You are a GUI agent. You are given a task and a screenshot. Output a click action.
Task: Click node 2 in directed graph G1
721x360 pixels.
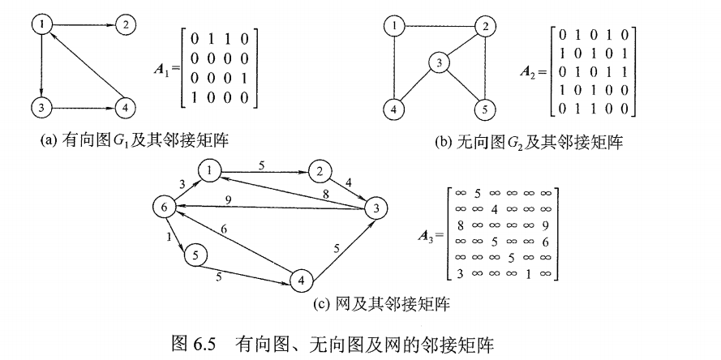(x=125, y=24)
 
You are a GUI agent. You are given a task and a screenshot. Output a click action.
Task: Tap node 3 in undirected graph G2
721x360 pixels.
(x=439, y=62)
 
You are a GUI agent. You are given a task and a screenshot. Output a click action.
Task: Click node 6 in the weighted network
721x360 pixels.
(x=165, y=208)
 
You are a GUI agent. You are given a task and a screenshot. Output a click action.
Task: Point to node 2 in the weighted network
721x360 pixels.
(x=321, y=172)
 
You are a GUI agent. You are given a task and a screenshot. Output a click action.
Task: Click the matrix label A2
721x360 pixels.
(x=530, y=71)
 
